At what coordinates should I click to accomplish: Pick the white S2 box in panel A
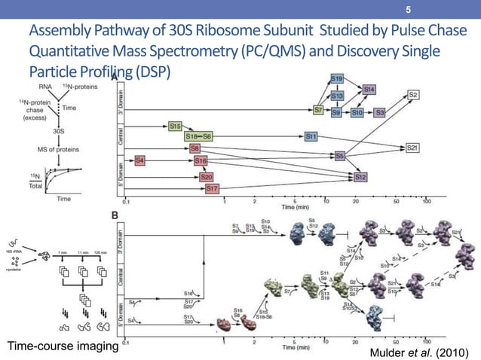coord(414,94)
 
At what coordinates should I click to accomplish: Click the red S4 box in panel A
coord(140,160)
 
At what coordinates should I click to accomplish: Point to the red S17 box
coord(212,188)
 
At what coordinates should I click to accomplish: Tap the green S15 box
coord(175,126)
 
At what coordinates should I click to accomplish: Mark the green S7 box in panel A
coord(319,111)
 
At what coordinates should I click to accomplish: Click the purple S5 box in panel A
coord(340,156)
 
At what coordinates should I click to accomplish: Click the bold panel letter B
coord(115,215)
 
